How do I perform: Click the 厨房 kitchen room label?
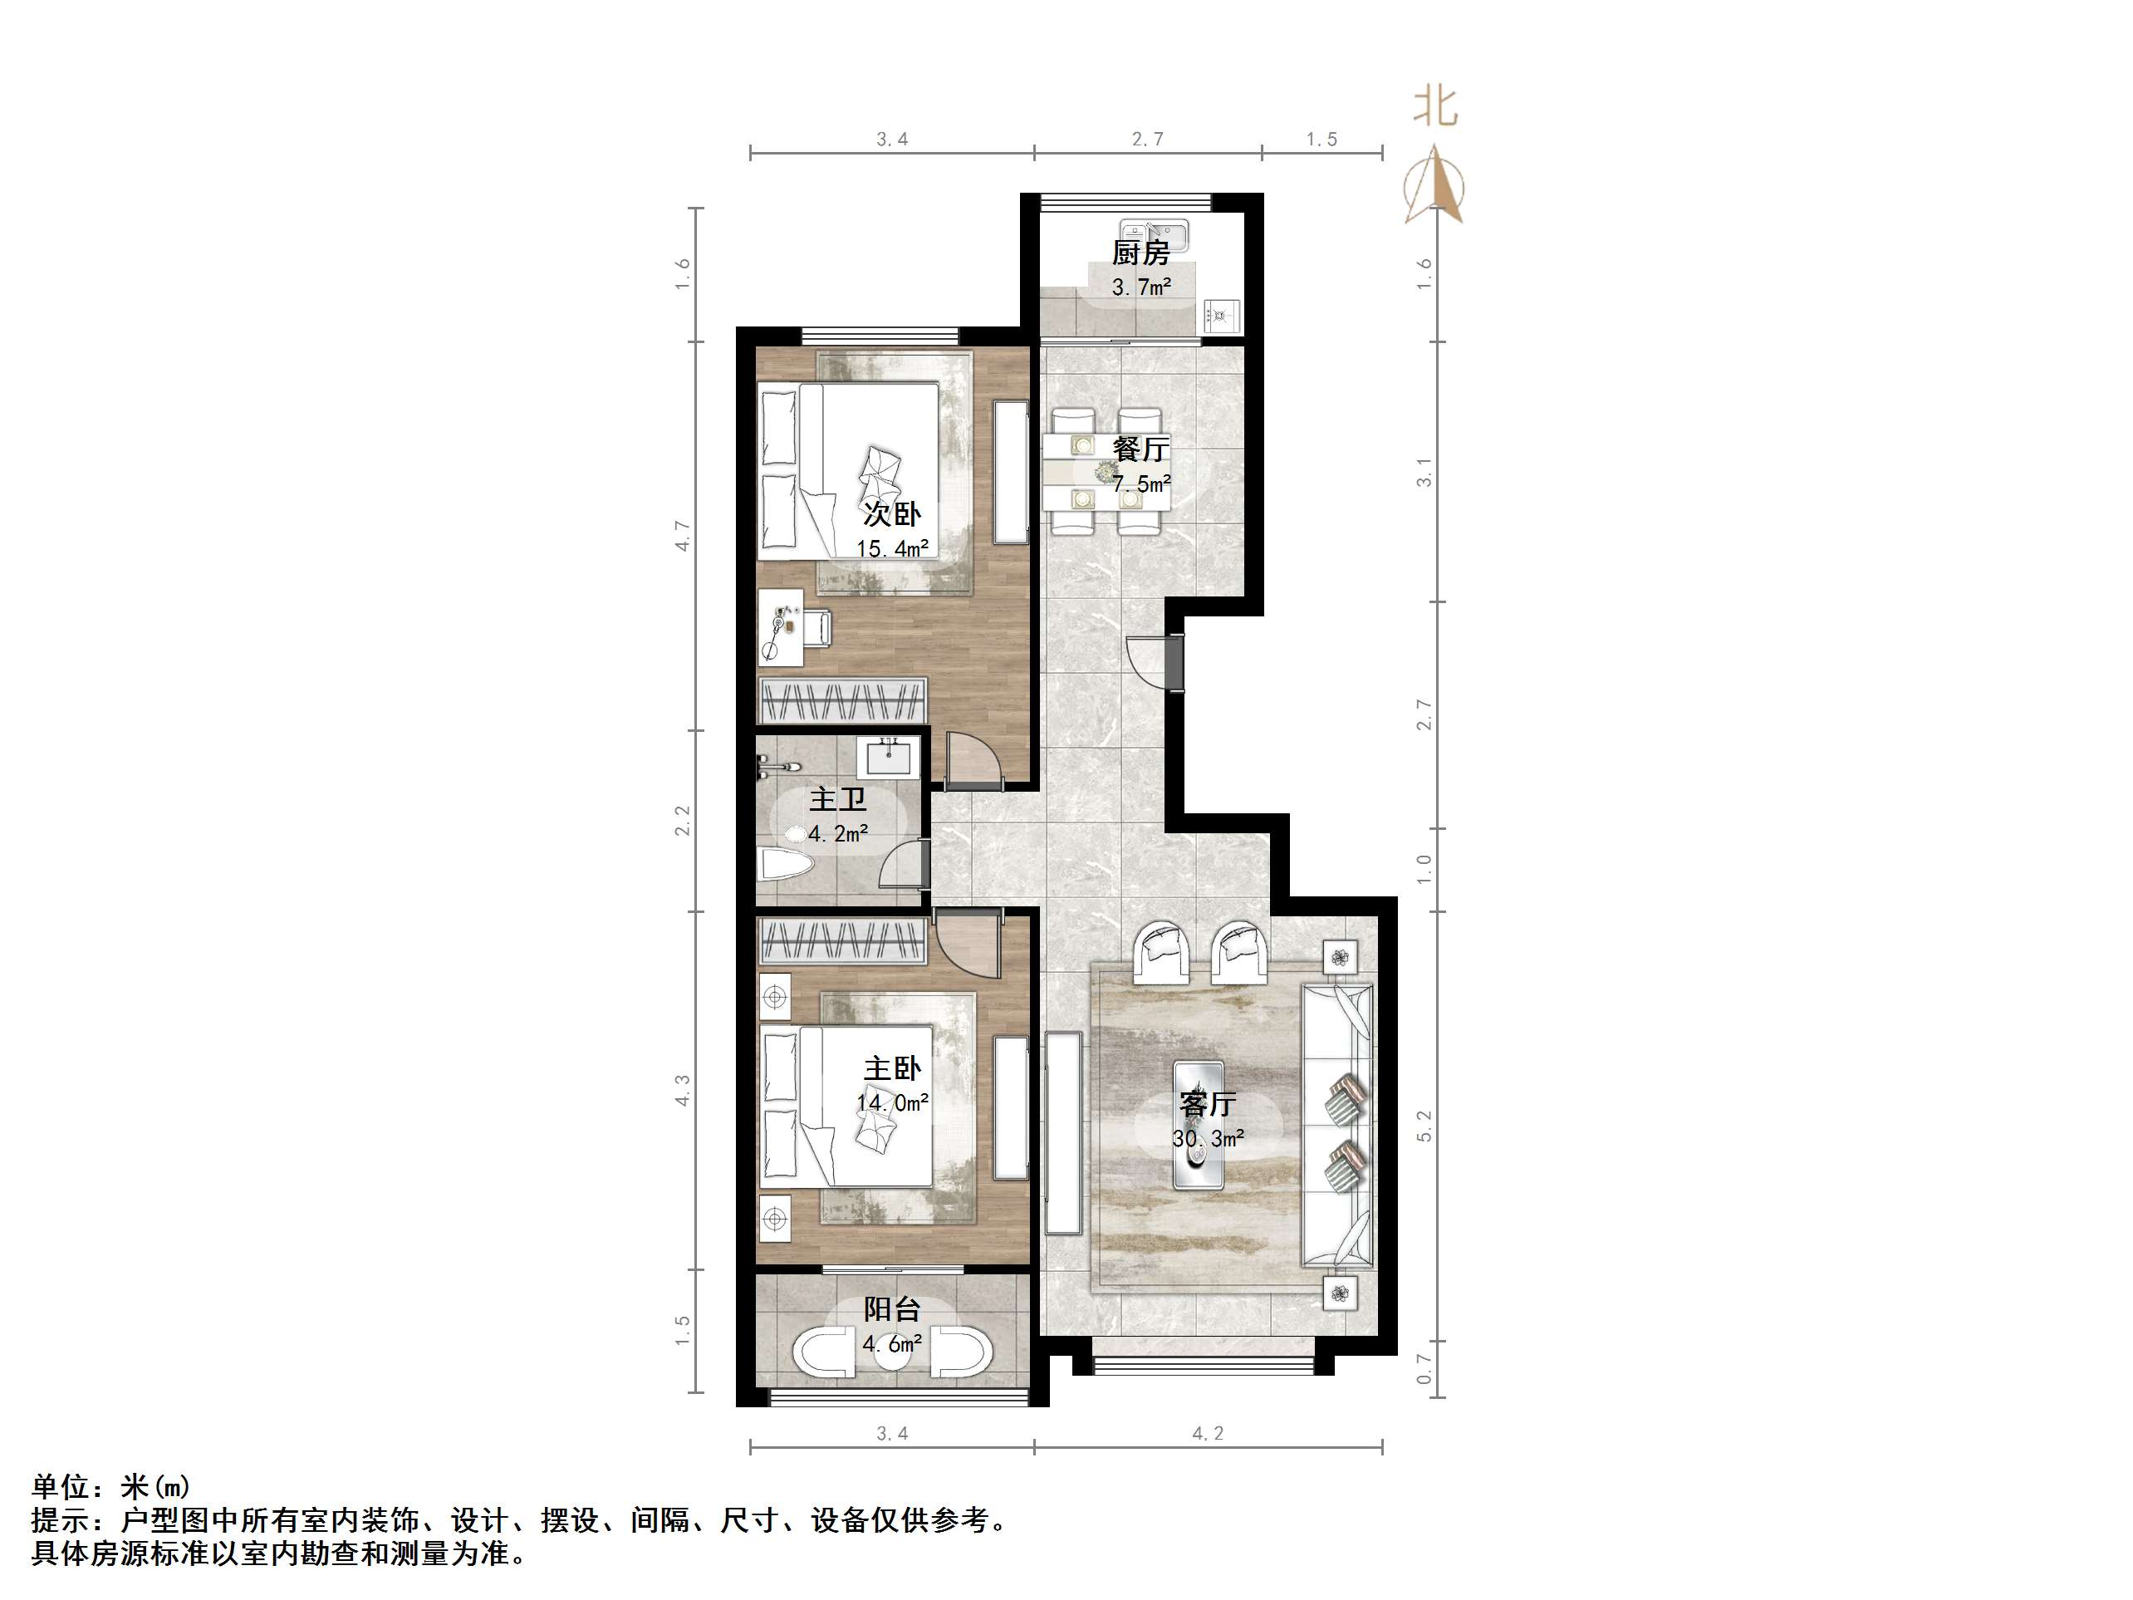1140,253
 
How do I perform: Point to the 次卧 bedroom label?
892,514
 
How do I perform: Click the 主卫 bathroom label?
837,799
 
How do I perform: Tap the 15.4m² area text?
892,550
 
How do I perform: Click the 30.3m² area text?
1207,1139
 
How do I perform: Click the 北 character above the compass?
1434,107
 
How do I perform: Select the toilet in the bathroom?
786,863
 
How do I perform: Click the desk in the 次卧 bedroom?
780,627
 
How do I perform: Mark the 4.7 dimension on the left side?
683,535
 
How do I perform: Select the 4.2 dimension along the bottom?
1207,1434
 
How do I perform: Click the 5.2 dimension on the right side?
1424,1126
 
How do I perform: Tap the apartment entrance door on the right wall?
1174,663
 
